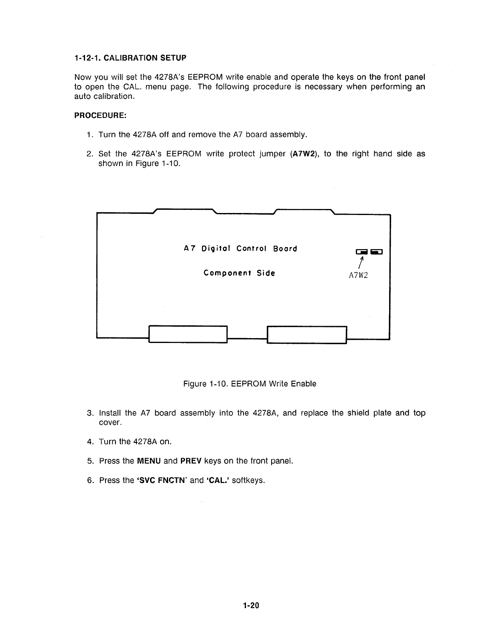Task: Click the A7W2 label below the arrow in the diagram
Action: [x=358, y=276]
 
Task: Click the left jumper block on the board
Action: [x=361, y=252]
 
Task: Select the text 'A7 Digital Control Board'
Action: [x=240, y=249]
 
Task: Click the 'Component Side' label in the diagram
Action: [x=239, y=273]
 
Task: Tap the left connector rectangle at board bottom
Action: [x=188, y=335]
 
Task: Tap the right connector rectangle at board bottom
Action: [x=306, y=335]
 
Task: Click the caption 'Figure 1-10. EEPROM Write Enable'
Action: [x=250, y=384]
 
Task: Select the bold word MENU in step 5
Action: [x=149, y=461]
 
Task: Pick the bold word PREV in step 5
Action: [x=191, y=461]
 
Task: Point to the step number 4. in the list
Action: [x=90, y=442]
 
